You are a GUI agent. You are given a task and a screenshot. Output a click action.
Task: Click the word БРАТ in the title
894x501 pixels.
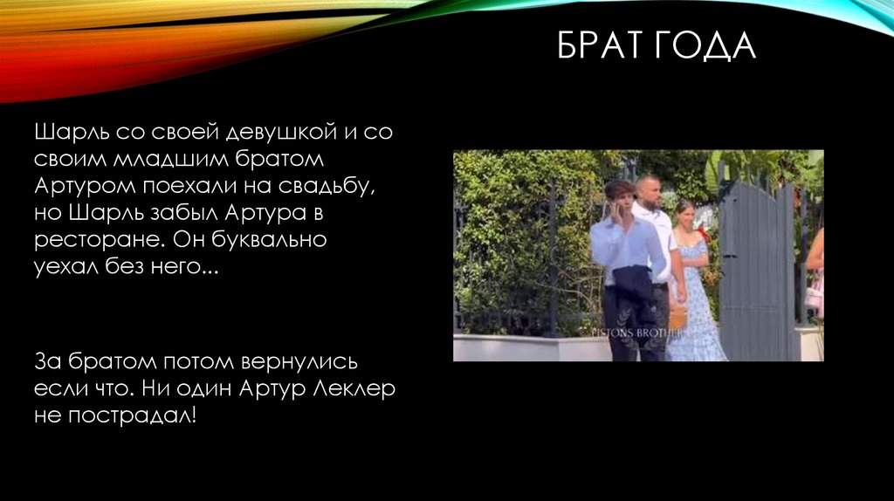click(599, 46)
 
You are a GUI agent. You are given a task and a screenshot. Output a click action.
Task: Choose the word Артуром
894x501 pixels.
click(78, 187)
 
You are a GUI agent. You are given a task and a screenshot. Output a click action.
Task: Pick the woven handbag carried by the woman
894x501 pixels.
click(677, 316)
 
